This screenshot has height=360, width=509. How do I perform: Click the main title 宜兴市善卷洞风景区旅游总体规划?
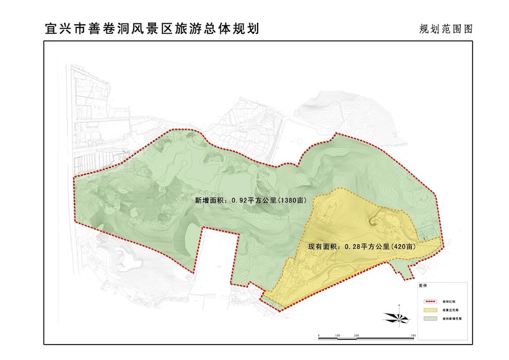tap(153, 29)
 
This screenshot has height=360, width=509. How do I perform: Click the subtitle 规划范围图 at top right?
tap(448, 29)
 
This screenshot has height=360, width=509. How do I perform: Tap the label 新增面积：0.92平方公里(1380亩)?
tap(250, 200)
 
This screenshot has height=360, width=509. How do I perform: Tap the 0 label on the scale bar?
tap(318, 334)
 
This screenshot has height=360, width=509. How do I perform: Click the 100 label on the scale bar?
tap(337, 334)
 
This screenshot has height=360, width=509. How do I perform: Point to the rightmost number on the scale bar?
tap(414, 334)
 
